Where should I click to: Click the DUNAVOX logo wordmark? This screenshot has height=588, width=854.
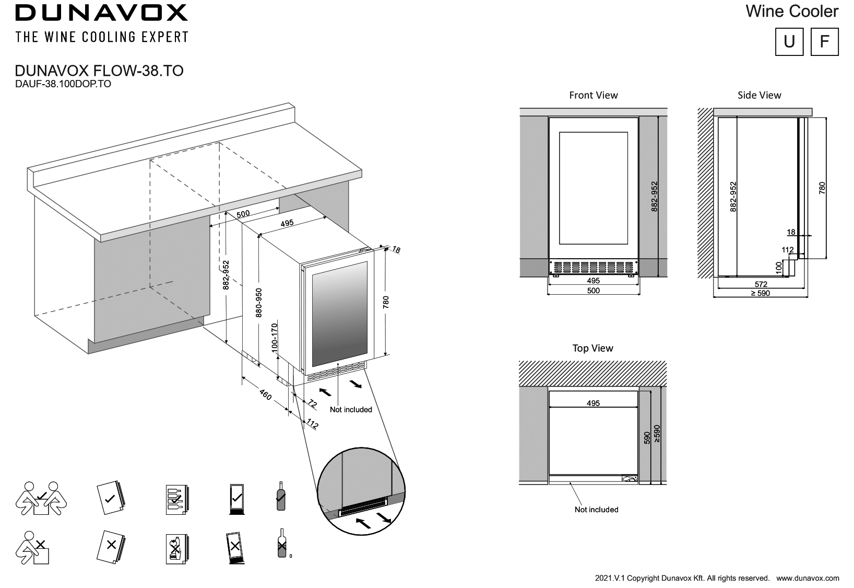101,13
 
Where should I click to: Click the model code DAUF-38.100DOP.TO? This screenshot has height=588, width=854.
63,84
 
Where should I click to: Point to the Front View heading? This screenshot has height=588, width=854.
593,95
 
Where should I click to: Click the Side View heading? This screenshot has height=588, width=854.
759,95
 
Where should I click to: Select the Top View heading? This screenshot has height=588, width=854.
592,348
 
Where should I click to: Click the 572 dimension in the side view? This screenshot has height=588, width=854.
761,284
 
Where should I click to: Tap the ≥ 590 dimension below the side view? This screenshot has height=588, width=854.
761,293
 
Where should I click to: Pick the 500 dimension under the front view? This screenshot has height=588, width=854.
594,291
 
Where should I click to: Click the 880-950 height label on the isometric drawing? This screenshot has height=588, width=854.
259,303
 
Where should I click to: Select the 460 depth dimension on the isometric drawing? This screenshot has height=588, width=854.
265,396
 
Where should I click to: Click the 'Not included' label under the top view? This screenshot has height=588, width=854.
596,509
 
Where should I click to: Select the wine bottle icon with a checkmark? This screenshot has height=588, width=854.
281,497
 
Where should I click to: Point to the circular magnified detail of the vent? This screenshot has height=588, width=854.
361,491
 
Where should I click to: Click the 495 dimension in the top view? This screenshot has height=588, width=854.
593,403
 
